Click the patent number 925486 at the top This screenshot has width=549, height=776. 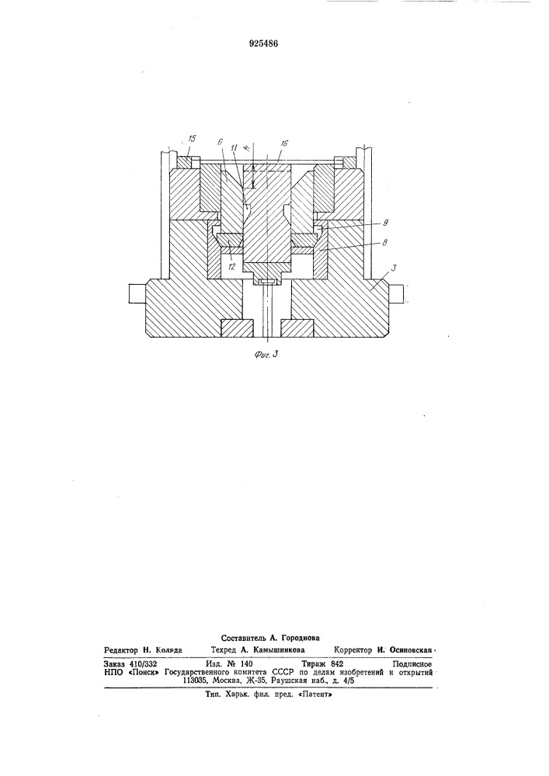[263, 43]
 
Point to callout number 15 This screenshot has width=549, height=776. [192, 140]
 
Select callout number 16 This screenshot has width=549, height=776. [284, 143]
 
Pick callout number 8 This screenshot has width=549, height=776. [384, 242]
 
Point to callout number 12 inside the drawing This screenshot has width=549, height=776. [232, 266]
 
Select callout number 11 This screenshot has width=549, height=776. [235, 147]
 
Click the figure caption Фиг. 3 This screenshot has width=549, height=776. [263, 354]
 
